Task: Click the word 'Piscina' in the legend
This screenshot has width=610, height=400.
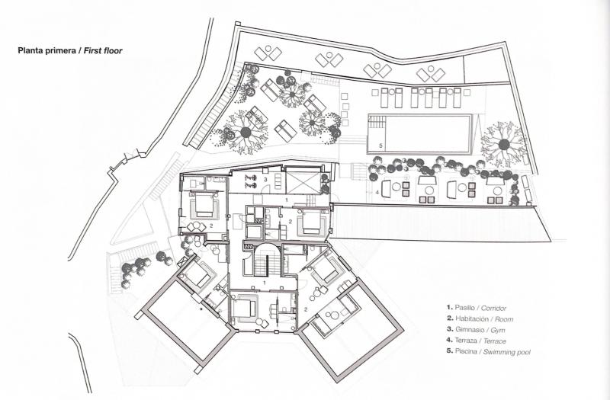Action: (x=466, y=351)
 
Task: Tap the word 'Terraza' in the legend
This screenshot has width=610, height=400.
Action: (x=466, y=341)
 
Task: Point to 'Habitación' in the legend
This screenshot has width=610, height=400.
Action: (x=471, y=318)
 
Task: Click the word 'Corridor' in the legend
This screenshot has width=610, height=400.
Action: (x=493, y=309)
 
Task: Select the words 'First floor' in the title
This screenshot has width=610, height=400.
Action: (x=103, y=51)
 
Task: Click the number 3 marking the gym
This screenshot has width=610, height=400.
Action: (x=265, y=179)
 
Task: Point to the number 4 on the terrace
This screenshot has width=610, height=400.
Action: (x=377, y=192)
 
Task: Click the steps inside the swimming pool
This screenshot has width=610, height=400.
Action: (x=376, y=122)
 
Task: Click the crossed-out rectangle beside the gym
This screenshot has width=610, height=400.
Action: (x=303, y=182)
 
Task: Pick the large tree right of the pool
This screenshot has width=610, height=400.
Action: (x=504, y=144)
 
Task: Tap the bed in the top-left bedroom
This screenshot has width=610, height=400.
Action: (x=204, y=203)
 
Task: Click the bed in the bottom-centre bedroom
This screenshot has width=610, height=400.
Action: (x=244, y=309)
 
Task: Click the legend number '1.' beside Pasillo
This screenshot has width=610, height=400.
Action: (x=450, y=308)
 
